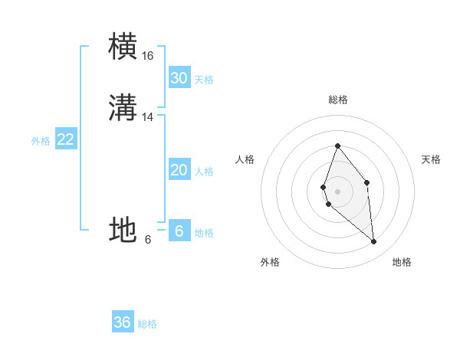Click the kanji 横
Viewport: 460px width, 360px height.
[123, 47]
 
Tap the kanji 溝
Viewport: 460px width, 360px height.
[123, 108]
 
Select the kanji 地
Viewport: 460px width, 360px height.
[123, 230]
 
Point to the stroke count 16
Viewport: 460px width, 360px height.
[148, 56]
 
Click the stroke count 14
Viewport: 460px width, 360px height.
[148, 117]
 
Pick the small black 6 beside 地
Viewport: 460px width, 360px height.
[148, 240]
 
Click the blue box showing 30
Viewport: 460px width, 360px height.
[179, 78]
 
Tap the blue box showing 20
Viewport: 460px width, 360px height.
[179, 170]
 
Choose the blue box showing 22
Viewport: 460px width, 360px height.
[65, 139]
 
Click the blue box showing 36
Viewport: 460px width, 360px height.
[123, 322]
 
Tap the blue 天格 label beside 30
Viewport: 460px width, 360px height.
[204, 80]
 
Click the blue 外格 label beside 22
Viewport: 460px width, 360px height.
[41, 141]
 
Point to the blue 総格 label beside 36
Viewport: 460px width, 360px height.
[147, 324]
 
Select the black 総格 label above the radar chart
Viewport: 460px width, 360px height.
[338, 100]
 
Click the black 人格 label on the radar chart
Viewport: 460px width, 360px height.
[245, 159]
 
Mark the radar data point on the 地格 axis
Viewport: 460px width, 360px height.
[374, 242]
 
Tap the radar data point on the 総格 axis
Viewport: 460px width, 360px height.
[337, 146]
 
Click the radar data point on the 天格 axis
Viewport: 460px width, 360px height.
[367, 182]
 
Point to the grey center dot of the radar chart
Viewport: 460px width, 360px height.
[337, 191]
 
